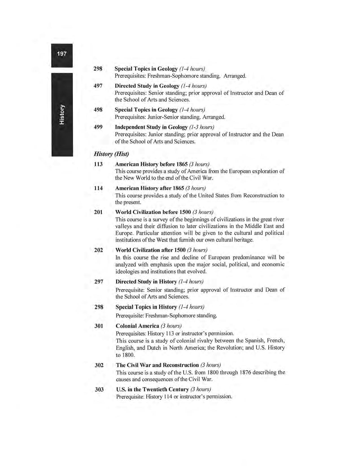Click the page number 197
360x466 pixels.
pyautogui.click(x=62, y=54)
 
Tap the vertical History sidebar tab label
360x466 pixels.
pyautogui.click(x=62, y=114)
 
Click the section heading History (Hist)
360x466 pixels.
pyautogui.click(x=111, y=154)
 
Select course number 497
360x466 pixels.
pyautogui.click(x=98, y=86)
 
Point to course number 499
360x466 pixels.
pyautogui.click(x=98, y=127)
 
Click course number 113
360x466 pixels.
pyautogui.click(x=98, y=164)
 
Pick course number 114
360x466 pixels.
pyautogui.click(x=98, y=188)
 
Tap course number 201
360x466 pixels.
pyautogui.click(x=98, y=212)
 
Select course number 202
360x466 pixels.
pyautogui.click(x=99, y=250)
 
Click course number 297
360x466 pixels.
pyautogui.click(x=99, y=282)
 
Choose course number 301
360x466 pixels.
pyautogui.click(x=99, y=326)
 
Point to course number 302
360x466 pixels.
pyautogui.click(x=99, y=365)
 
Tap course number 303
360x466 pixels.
pyautogui.click(x=99, y=389)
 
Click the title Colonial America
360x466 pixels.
pyautogui.click(x=137, y=326)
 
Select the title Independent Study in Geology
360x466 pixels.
pyautogui.click(x=151, y=127)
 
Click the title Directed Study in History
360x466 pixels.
pyautogui.click(x=146, y=282)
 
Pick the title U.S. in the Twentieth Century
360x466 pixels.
pyautogui.click(x=152, y=389)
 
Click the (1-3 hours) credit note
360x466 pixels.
pyautogui.click(x=202, y=127)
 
